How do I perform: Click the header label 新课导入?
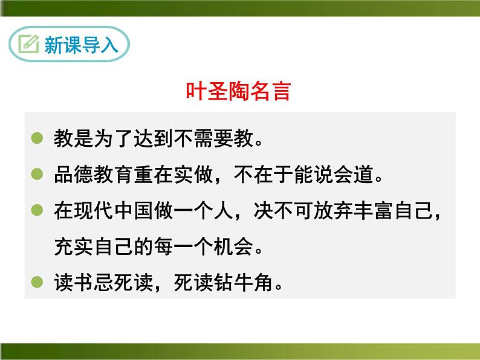click(81, 45)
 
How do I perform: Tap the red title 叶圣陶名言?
click(238, 92)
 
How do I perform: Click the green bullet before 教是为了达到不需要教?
click(37, 138)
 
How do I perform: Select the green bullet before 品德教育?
click(37, 175)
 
